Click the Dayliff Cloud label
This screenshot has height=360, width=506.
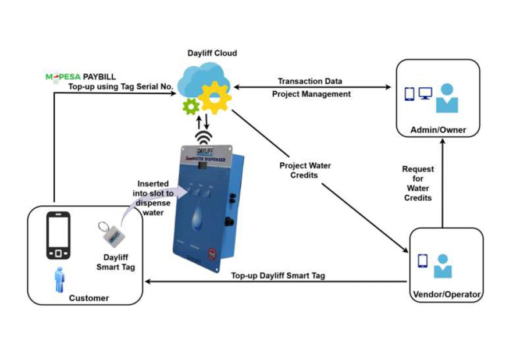click(x=212, y=53)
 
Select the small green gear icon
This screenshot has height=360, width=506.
click(x=190, y=106)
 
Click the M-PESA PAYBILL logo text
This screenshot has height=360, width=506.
click(x=81, y=76)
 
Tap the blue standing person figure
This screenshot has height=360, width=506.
click(x=58, y=280)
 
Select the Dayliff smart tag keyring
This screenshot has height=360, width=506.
click(x=114, y=235)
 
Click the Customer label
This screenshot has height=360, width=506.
click(x=89, y=298)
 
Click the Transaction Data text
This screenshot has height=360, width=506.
click(x=310, y=81)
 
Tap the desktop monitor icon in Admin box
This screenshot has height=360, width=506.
click(x=425, y=94)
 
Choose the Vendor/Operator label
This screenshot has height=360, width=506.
click(x=446, y=294)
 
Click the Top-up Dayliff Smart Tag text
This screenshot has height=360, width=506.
click(x=278, y=276)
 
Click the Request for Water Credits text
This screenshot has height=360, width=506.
click(x=418, y=183)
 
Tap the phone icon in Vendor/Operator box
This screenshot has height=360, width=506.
click(x=423, y=261)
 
